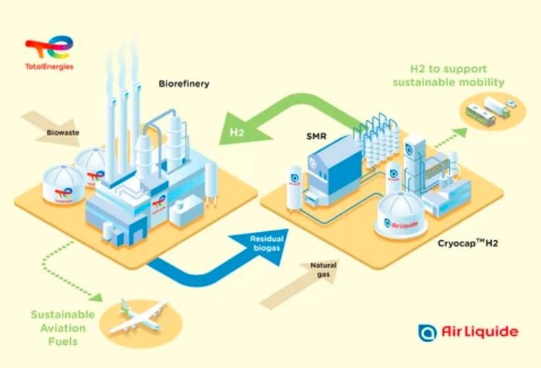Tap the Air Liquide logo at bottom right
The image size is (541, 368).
click(468, 332)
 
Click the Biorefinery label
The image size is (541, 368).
click(184, 84)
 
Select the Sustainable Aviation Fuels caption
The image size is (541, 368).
click(59, 327)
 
